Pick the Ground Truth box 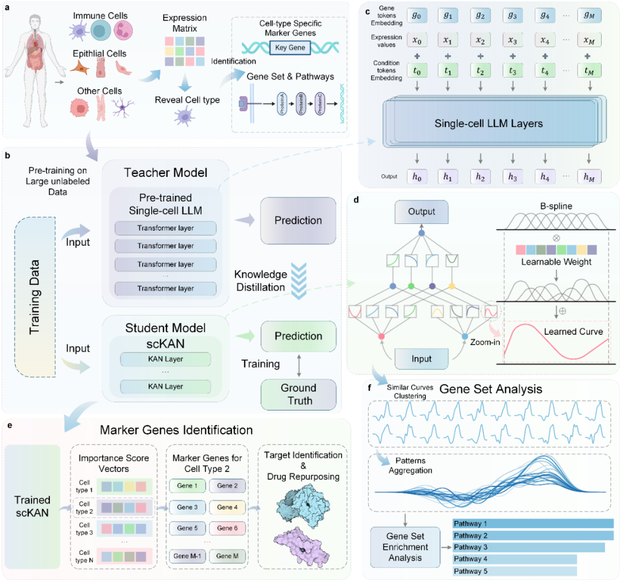(x=299, y=395)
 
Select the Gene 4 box (x=227, y=507)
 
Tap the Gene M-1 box (x=187, y=556)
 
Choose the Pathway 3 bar (x=529, y=547)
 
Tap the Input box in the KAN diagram (x=422, y=358)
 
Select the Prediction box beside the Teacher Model (x=299, y=219)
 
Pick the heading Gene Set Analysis (x=491, y=389)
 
